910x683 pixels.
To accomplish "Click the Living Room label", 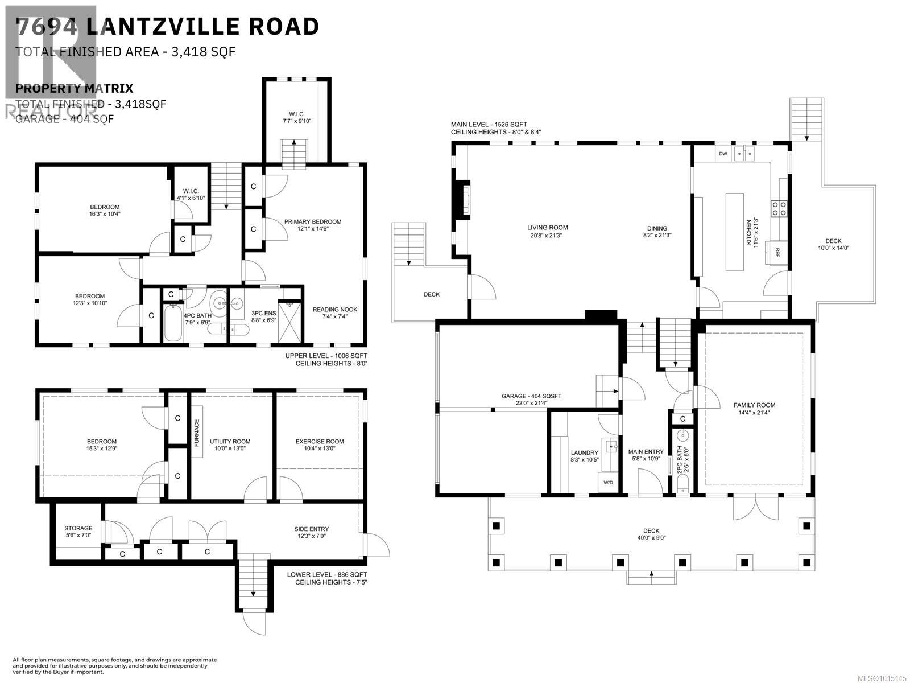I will (547, 228).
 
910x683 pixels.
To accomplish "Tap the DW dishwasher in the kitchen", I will (723, 154).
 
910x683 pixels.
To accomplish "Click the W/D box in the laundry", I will (609, 483).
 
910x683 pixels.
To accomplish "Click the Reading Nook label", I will (334, 310).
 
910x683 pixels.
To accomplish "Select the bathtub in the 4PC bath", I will (172, 323).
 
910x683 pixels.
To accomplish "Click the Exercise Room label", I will (319, 442).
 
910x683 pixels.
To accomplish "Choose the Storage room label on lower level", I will (78, 529).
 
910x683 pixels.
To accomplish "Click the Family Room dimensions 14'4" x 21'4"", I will (754, 413).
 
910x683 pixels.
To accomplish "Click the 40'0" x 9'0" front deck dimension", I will (651, 538).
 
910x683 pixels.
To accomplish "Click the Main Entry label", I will (646, 452).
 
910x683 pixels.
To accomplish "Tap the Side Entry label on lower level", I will (311, 529).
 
